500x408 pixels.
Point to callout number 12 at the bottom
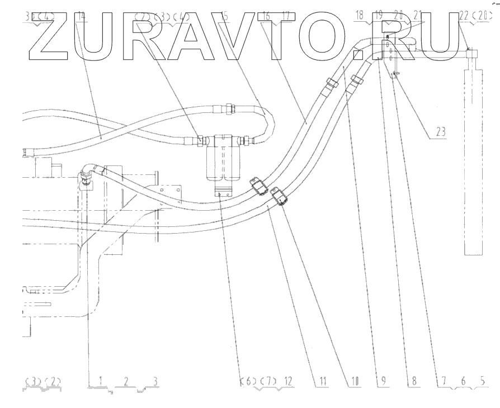point(288,382)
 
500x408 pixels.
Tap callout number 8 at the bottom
point(414,382)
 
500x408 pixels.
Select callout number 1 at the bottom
point(101,382)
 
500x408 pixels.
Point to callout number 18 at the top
point(360,16)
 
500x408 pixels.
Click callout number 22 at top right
point(463,16)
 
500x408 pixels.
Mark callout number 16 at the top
point(266,16)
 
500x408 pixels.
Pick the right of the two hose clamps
point(280,197)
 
